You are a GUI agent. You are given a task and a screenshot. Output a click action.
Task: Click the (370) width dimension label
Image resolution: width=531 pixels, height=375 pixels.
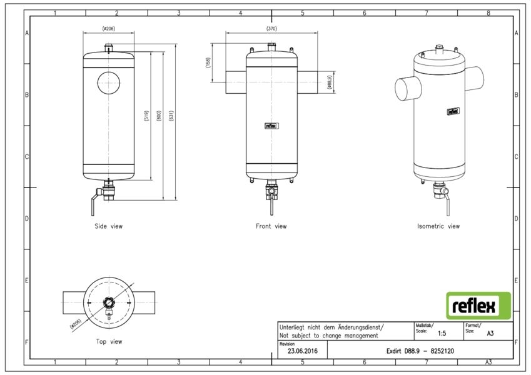[x=271, y=29]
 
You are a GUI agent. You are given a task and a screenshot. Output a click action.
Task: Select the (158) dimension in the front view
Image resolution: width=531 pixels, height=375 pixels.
[x=208, y=62]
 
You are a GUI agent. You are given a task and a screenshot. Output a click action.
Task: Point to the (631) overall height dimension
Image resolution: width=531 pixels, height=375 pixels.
[x=171, y=116]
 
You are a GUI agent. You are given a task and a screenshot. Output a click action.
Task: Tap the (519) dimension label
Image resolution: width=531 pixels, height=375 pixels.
[x=146, y=116]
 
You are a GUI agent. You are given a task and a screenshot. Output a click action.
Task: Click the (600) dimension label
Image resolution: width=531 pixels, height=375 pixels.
[x=159, y=116]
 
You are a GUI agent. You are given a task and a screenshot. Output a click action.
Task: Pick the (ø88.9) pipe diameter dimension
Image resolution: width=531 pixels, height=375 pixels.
[x=330, y=82]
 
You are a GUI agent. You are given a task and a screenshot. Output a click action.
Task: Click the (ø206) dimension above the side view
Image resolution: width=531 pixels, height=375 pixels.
[x=108, y=29]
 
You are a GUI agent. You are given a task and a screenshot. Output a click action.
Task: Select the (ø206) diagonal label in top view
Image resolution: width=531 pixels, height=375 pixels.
[x=76, y=324]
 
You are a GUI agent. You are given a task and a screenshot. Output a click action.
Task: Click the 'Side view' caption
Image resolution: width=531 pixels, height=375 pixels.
[x=109, y=226]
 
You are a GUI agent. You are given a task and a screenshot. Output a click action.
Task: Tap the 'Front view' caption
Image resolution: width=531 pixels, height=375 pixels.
[x=271, y=226]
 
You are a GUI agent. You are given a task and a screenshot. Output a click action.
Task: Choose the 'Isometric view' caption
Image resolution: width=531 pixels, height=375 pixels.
[x=438, y=226]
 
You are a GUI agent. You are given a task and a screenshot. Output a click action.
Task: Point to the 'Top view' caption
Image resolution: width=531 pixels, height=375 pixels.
[x=109, y=341]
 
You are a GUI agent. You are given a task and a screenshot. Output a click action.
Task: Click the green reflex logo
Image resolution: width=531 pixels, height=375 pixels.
[x=478, y=306]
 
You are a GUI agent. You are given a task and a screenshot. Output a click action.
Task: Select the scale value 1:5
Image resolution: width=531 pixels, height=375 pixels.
[x=442, y=333]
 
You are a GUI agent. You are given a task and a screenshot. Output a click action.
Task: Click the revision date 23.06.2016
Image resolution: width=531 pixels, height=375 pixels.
[x=303, y=351]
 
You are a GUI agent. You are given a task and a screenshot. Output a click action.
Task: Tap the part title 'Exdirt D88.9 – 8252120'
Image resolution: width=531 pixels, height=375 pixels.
[x=420, y=351]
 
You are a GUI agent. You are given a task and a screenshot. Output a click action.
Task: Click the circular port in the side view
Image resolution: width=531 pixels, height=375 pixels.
[x=109, y=82]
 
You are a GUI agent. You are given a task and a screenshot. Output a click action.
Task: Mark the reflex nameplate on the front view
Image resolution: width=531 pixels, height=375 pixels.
[x=271, y=126]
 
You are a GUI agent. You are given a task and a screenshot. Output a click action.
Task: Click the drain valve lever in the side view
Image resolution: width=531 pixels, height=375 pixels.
[x=93, y=206]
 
